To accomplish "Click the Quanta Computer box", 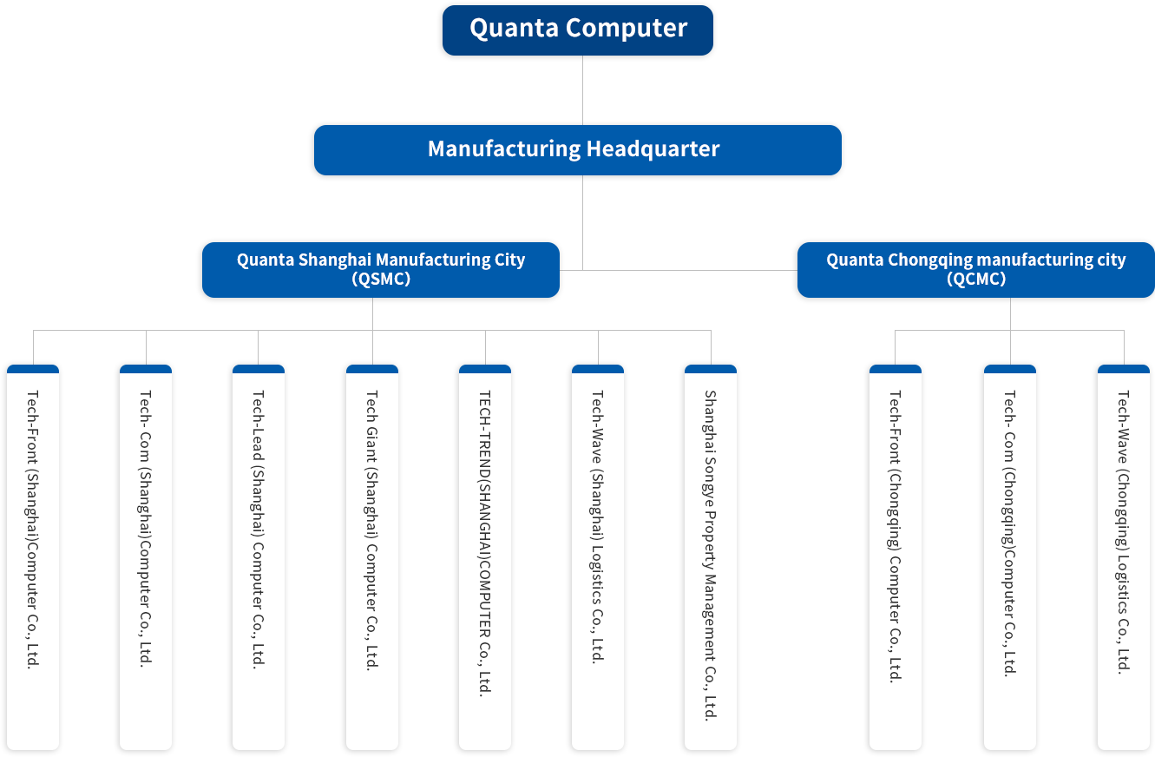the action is pyautogui.click(x=578, y=30).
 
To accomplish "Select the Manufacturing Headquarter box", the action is pyautogui.click(x=578, y=150).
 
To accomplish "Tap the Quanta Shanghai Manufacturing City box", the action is pyautogui.click(x=381, y=270).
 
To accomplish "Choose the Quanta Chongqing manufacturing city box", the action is pyautogui.click(x=975, y=270).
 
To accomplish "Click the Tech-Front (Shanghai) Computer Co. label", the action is pyautogui.click(x=32, y=530).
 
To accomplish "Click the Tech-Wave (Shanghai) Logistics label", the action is pyautogui.click(x=598, y=526).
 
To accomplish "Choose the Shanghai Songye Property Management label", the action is pyautogui.click(x=711, y=556).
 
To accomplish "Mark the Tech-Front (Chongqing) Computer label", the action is pyautogui.click(x=896, y=536).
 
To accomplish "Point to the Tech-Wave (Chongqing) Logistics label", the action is pyautogui.click(x=1123, y=532).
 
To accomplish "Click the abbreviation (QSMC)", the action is pyautogui.click(x=381, y=279).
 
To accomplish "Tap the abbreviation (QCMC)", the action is pyautogui.click(x=976, y=279).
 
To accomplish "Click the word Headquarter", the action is pyautogui.click(x=653, y=149).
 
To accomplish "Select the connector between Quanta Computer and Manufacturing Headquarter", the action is pyautogui.click(x=582, y=90).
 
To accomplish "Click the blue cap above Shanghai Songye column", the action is pyautogui.click(x=711, y=369).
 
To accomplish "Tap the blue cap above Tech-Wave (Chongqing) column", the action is pyautogui.click(x=1124, y=369).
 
